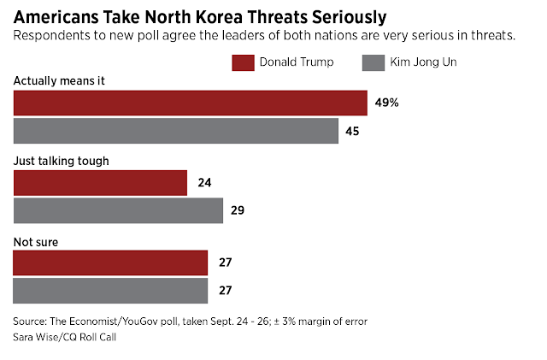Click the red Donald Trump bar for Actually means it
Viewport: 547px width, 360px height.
click(x=190, y=103)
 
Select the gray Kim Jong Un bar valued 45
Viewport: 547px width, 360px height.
click(x=175, y=131)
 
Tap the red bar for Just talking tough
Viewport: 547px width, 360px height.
click(x=100, y=183)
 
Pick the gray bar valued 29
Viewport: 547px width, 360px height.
click(x=118, y=210)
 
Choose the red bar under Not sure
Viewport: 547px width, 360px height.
click(x=110, y=263)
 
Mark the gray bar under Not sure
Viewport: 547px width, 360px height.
click(x=110, y=291)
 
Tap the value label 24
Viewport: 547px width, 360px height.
click(x=205, y=183)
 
